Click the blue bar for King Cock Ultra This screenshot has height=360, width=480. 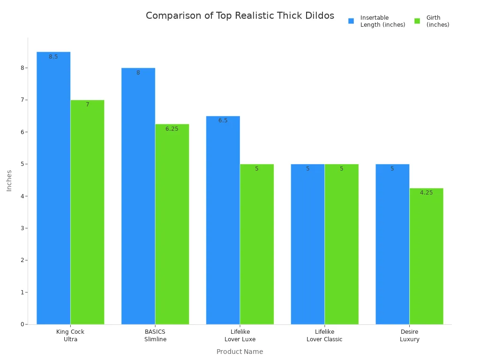(53, 187)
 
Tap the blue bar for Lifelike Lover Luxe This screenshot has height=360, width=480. (223, 220)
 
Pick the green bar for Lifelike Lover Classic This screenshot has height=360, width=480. (341, 244)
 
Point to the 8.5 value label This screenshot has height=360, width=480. (53, 57)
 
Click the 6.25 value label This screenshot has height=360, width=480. (172, 129)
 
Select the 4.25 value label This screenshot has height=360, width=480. (426, 193)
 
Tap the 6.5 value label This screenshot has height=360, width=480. (223, 120)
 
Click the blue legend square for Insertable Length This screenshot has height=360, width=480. (351, 21)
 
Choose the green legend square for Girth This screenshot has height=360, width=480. (417, 21)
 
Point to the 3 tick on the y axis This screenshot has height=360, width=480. (22, 228)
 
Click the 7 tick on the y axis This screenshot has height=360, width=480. (22, 100)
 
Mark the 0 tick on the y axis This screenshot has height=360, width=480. (22, 324)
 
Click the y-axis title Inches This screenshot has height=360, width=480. (9, 180)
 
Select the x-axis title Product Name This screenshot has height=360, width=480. (240, 352)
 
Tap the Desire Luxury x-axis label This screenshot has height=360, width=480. (409, 336)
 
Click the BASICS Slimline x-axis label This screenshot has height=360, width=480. (155, 336)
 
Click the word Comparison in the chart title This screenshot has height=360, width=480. (173, 16)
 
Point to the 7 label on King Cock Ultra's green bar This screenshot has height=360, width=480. (87, 105)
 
